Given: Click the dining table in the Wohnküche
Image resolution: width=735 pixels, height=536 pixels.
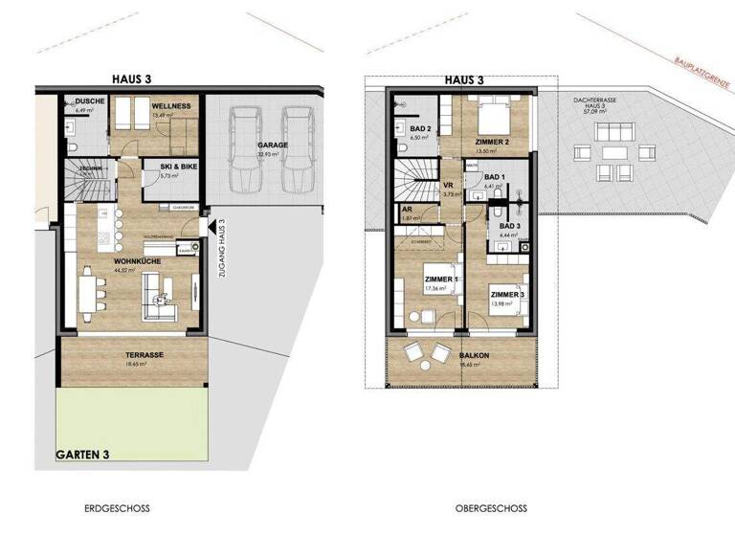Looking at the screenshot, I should point(89,292).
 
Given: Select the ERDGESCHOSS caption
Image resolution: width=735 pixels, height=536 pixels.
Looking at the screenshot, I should point(117,508).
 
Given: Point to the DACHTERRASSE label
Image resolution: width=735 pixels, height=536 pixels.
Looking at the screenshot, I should point(594,99).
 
